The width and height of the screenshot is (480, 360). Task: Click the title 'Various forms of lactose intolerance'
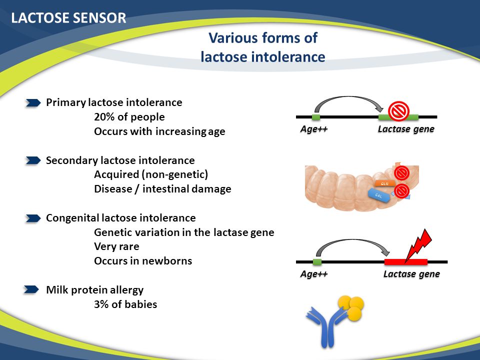coord(263,47)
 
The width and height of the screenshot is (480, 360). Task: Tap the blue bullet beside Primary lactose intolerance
coord(33,102)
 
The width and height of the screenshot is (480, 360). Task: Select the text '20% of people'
coord(129,117)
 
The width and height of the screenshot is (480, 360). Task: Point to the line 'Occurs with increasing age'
coord(159,131)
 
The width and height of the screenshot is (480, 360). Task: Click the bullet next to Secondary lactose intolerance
coord(33,160)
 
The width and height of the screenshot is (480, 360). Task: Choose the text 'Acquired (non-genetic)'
coord(150,175)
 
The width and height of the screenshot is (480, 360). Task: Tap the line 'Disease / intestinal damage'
coord(162,189)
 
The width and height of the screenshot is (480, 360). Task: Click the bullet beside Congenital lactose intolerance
coord(33,218)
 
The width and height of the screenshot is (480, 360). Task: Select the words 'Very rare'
coord(116,246)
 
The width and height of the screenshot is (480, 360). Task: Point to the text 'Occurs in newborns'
coord(143,260)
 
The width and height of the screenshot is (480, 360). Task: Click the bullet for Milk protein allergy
coord(32,289)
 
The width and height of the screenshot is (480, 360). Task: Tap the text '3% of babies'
coord(125,304)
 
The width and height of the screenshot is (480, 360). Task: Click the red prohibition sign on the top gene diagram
coord(398,111)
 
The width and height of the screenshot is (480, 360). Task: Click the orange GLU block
coord(384,183)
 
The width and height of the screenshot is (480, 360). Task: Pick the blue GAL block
coord(378,194)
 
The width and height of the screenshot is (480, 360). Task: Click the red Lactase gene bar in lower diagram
coord(405,261)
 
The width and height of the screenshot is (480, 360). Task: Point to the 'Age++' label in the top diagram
coord(313,129)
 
